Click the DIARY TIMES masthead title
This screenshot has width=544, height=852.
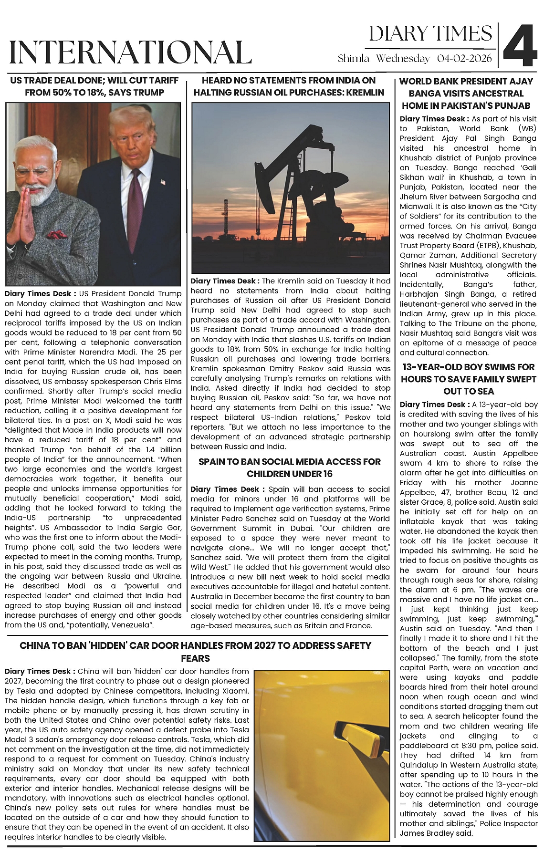click(x=430, y=33)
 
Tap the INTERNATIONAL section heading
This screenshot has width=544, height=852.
click(x=130, y=52)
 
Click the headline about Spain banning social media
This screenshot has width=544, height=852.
click(x=290, y=468)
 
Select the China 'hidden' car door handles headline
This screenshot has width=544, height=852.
click(x=195, y=652)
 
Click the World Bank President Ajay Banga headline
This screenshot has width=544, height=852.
click(x=466, y=93)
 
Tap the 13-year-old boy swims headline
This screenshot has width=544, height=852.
click(x=468, y=379)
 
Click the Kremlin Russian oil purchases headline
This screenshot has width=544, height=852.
click(x=289, y=86)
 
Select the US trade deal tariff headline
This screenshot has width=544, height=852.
click(x=94, y=86)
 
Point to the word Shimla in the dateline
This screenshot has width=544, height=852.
click(x=354, y=59)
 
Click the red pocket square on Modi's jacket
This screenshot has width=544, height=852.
click(x=56, y=234)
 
